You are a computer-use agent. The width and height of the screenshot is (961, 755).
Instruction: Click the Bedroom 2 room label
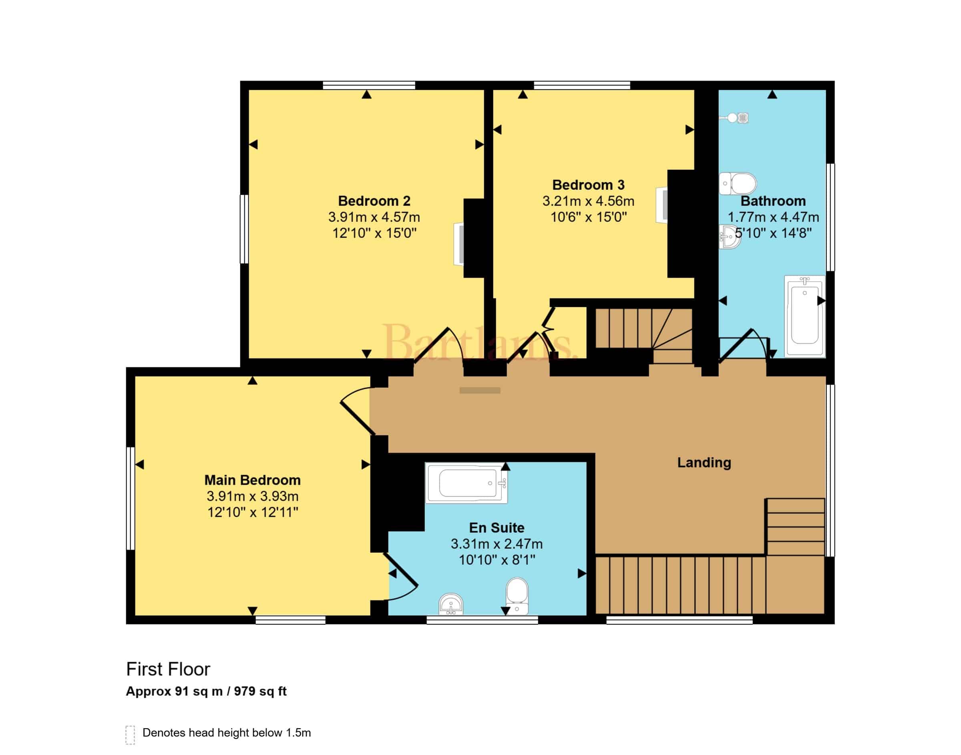tap(374, 201)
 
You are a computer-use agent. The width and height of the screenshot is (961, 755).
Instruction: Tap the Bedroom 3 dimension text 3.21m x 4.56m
tap(588, 201)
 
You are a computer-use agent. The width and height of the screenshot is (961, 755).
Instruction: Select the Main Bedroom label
tap(252, 480)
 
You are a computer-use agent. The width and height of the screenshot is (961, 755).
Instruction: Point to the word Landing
tap(704, 463)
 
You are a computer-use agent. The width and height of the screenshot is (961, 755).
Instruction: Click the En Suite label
tap(497, 528)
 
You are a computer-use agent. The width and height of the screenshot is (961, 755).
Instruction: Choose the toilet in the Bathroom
tap(738, 183)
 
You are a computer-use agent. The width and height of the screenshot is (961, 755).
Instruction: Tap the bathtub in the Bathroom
tap(804, 316)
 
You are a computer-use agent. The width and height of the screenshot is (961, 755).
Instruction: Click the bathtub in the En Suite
tap(466, 483)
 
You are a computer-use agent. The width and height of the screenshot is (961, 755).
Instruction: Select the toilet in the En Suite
tap(517, 596)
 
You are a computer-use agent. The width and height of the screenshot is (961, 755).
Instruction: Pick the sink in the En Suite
tap(451, 604)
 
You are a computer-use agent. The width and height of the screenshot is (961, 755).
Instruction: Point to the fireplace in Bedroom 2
tap(459, 244)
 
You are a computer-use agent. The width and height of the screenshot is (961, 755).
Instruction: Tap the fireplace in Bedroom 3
tap(662, 205)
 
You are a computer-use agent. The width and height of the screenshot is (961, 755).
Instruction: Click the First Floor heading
tap(168, 669)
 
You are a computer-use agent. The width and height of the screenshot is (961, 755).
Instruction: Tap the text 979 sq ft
tap(260, 691)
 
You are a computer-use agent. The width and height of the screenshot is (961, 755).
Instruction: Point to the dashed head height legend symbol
tap(130, 735)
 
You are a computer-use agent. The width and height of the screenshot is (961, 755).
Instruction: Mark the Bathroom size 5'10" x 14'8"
tap(773, 233)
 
